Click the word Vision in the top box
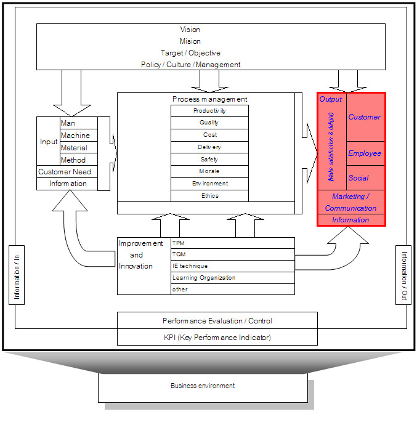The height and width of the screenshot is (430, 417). pyautogui.click(x=190, y=30)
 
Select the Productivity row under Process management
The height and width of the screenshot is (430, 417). pyautogui.click(x=209, y=111)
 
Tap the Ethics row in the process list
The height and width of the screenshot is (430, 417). pyautogui.click(x=209, y=196)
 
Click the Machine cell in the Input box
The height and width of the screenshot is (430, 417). pyautogui.click(x=76, y=136)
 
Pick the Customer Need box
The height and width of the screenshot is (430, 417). pyautogui.click(x=65, y=172)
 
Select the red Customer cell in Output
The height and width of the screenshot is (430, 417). pyautogui.click(x=365, y=117)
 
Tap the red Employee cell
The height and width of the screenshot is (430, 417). pyautogui.click(x=365, y=153)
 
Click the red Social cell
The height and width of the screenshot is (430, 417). pyautogui.click(x=358, y=178)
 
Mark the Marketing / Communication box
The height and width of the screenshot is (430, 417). pyautogui.click(x=350, y=202)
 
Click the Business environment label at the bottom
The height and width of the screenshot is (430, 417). pyautogui.click(x=203, y=386)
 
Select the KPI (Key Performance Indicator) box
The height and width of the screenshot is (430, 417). pyautogui.click(x=217, y=338)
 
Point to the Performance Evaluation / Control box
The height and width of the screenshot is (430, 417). pyautogui.click(x=217, y=321)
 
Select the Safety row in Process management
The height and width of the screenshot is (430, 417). pyautogui.click(x=209, y=160)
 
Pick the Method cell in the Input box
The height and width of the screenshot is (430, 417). pyautogui.click(x=74, y=160)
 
